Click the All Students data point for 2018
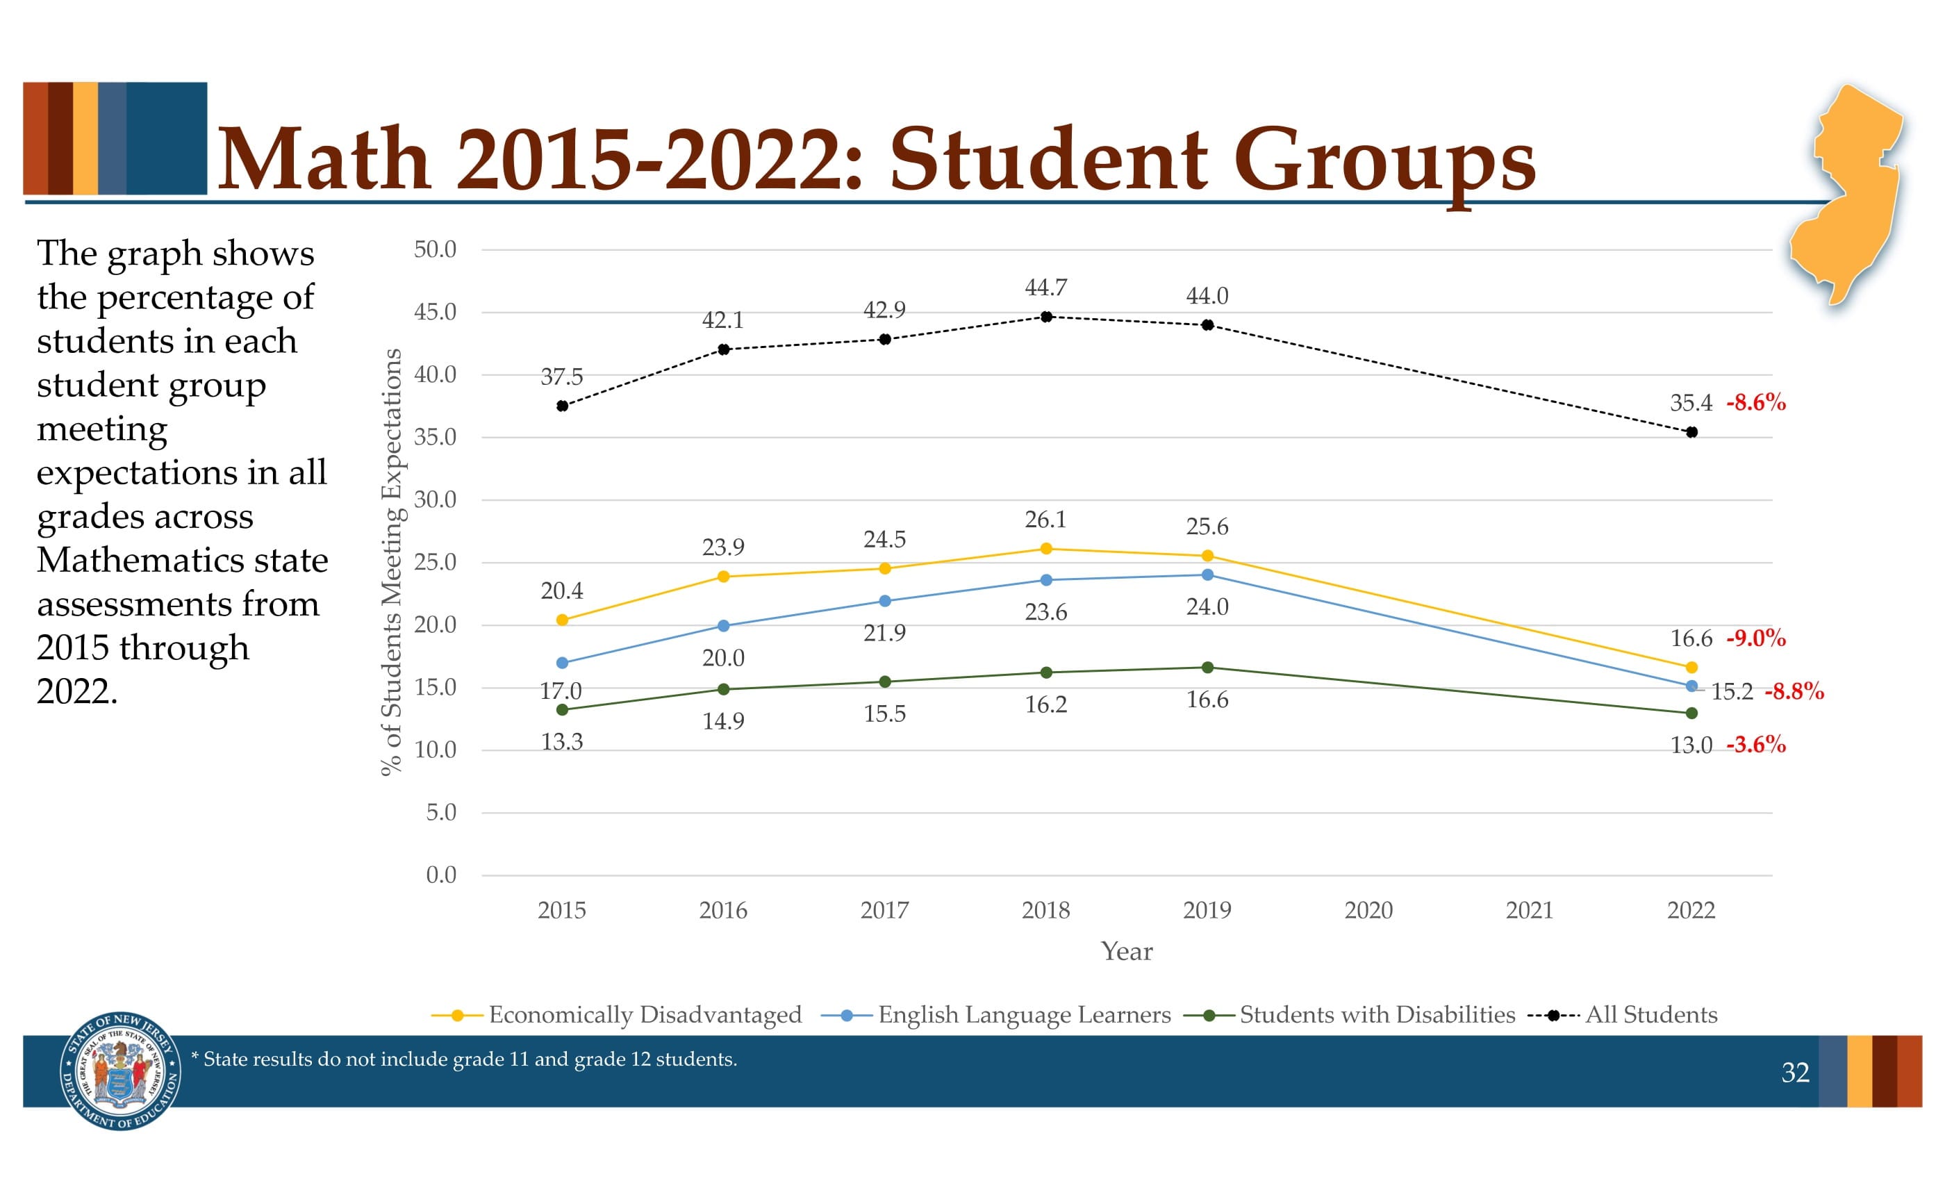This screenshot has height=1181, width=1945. pos(1046,317)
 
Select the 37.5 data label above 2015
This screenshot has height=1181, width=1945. pos(561,377)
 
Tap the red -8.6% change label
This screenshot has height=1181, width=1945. pos(1755,403)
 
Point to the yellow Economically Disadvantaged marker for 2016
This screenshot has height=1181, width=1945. pos(723,577)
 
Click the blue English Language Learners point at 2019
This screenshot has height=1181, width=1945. pos(1207,575)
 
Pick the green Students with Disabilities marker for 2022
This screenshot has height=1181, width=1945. pos(1691,713)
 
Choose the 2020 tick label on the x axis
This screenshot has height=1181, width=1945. pos(1368,910)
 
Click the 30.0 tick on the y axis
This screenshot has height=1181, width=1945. pos(435,499)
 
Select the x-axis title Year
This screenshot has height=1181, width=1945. pos(1127,951)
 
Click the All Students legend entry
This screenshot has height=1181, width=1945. pos(1650,1014)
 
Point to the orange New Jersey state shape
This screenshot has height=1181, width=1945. pos(1847,197)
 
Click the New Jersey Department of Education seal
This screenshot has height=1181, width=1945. pos(120,1071)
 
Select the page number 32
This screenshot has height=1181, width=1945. pos(1795,1072)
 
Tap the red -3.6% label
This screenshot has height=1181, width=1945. pos(1755,745)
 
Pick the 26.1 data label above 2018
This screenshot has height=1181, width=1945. pos(1045,520)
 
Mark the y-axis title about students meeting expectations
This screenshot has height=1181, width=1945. pos(392,562)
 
